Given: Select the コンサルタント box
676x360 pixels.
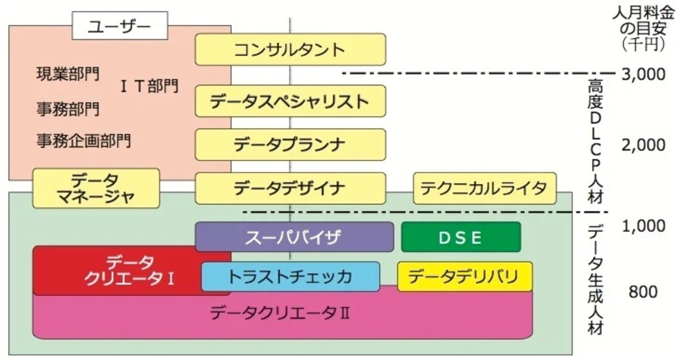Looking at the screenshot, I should pos(290,49).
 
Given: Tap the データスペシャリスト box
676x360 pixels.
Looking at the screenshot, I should pos(290,101).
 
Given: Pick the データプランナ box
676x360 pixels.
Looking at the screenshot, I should pos(290,145).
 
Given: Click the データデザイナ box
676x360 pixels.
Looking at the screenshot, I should pos(290,188).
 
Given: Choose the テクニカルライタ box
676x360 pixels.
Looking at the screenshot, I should pos(485,188).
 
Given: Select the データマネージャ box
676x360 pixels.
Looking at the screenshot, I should pos(96,188).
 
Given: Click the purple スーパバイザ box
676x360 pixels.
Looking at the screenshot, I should pos(294,237).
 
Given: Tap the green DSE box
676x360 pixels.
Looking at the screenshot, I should pos(460,237).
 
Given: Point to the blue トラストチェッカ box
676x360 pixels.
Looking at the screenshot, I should pos(290,276).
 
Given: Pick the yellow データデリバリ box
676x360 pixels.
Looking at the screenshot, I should pos(465,276).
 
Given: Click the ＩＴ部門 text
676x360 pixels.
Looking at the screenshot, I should pos(150,86).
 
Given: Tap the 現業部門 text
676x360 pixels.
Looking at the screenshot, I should pos(68,73).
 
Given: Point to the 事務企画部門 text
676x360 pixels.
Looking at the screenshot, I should pos(83,140).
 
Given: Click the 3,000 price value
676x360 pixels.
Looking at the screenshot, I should pos(643,74).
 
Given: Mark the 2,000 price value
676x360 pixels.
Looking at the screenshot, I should pos(643,145).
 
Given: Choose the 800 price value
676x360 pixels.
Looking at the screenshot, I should pos(643,292).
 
